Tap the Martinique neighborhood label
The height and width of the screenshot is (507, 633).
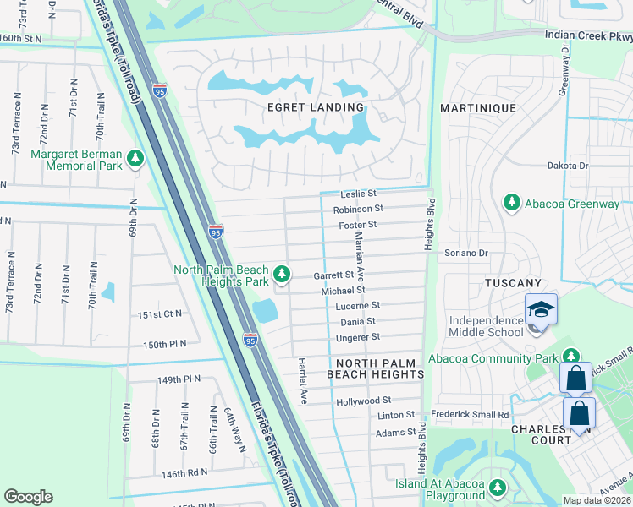(x=478, y=108)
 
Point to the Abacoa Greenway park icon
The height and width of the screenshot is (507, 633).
(x=511, y=203)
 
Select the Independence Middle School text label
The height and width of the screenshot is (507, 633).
(x=487, y=326)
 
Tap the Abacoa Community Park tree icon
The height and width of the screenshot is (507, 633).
(x=571, y=357)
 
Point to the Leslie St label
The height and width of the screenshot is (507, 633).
(x=358, y=194)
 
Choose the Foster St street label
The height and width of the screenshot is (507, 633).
(x=358, y=225)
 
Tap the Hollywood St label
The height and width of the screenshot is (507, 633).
(x=363, y=400)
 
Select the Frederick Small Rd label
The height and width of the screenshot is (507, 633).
(x=470, y=415)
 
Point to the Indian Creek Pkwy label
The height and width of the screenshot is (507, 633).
(x=588, y=35)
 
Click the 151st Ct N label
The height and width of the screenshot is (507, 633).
(x=161, y=314)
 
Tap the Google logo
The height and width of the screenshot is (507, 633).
(x=28, y=497)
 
